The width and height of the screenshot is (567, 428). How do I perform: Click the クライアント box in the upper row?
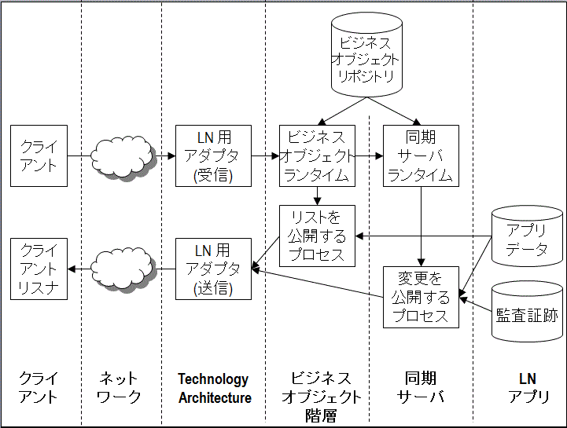coord(39,155)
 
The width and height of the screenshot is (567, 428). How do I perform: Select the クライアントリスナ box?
coord(39,269)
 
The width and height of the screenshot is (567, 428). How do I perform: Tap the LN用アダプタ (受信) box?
coord(213,155)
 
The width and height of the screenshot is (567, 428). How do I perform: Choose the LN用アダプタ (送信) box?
coord(213,269)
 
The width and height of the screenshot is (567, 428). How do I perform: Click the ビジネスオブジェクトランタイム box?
coord(317,155)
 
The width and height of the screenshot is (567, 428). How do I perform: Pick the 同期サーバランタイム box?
coord(421,155)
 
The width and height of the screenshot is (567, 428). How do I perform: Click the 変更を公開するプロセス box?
coord(421,297)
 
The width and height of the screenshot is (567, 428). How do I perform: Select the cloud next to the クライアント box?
coord(123,155)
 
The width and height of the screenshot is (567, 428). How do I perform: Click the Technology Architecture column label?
coord(213,389)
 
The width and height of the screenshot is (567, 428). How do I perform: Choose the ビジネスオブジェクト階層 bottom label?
coord(317,397)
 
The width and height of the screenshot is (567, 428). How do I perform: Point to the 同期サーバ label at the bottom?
coord(421,389)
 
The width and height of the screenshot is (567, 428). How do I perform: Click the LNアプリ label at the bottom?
coord(526,389)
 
